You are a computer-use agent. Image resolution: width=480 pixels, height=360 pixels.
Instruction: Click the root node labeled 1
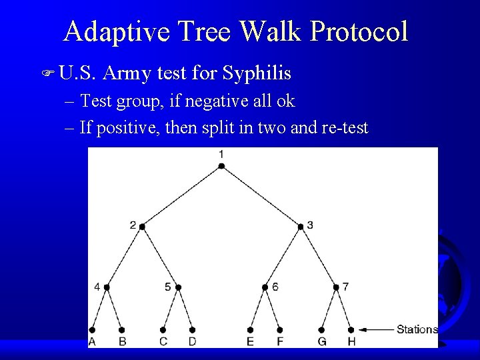click(221, 165)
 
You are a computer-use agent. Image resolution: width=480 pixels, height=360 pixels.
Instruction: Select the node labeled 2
click(142, 227)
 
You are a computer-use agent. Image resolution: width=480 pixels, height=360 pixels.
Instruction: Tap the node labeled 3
click(301, 227)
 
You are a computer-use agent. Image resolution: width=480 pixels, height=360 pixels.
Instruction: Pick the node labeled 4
click(107, 287)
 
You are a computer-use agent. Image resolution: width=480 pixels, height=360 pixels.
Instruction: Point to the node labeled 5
click(178, 287)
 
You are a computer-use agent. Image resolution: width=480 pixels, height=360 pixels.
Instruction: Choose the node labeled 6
click(265, 287)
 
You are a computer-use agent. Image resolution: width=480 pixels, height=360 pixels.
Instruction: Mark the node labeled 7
click(336, 287)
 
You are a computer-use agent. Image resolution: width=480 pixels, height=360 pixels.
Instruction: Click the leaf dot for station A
click(92, 329)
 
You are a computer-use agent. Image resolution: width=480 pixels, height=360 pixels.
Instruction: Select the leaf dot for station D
click(192, 329)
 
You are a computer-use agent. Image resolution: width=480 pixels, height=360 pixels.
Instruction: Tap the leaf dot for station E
click(251, 329)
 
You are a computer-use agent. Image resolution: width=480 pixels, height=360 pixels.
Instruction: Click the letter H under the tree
click(351, 342)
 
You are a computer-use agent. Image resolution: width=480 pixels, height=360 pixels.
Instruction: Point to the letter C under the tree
click(163, 342)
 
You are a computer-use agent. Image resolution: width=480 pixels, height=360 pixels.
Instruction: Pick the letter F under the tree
click(280, 342)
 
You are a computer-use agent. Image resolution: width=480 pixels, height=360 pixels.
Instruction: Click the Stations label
click(417, 329)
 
